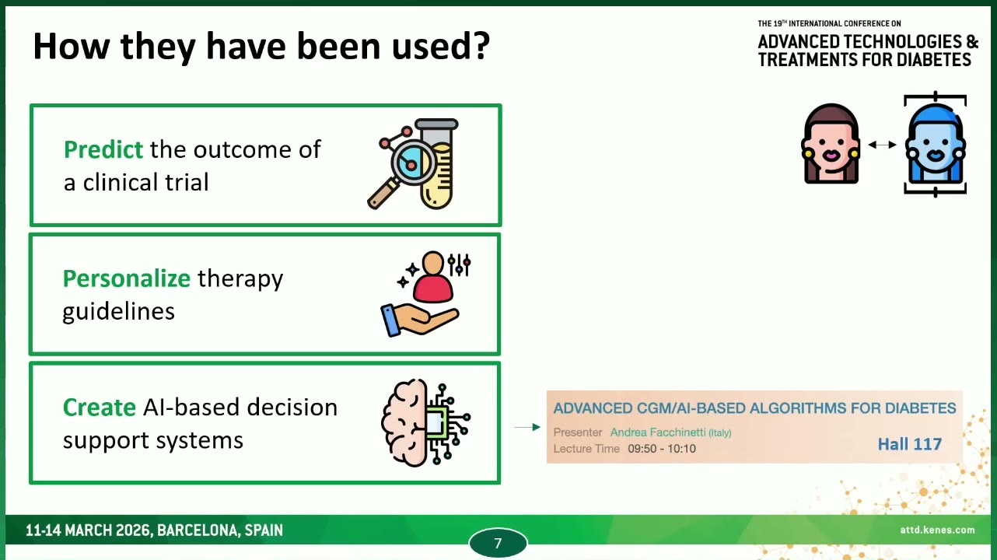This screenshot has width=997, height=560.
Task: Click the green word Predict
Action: tap(103, 149)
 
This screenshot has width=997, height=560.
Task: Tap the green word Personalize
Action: tap(127, 279)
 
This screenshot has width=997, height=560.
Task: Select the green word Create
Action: tap(100, 408)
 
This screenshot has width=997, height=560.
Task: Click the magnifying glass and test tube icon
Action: tap(413, 164)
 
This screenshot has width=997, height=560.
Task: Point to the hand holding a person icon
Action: tap(425, 294)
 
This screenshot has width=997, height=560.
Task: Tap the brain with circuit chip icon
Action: tap(425, 422)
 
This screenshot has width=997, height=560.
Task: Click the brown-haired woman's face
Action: tap(831, 144)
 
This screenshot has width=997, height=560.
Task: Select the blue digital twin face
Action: tap(935, 145)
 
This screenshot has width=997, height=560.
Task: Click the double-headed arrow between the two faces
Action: tap(882, 145)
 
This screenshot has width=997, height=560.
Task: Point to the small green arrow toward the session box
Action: tap(527, 427)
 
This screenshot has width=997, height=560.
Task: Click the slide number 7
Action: tap(498, 543)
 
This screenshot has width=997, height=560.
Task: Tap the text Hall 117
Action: tap(910, 444)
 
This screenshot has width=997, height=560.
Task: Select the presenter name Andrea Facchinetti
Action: tap(658, 432)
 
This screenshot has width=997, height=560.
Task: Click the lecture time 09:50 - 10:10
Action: tap(662, 449)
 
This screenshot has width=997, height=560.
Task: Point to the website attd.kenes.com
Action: tap(937, 530)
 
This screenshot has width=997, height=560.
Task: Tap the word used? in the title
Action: tap(441, 46)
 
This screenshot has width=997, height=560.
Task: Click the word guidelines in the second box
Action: tap(118, 312)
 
